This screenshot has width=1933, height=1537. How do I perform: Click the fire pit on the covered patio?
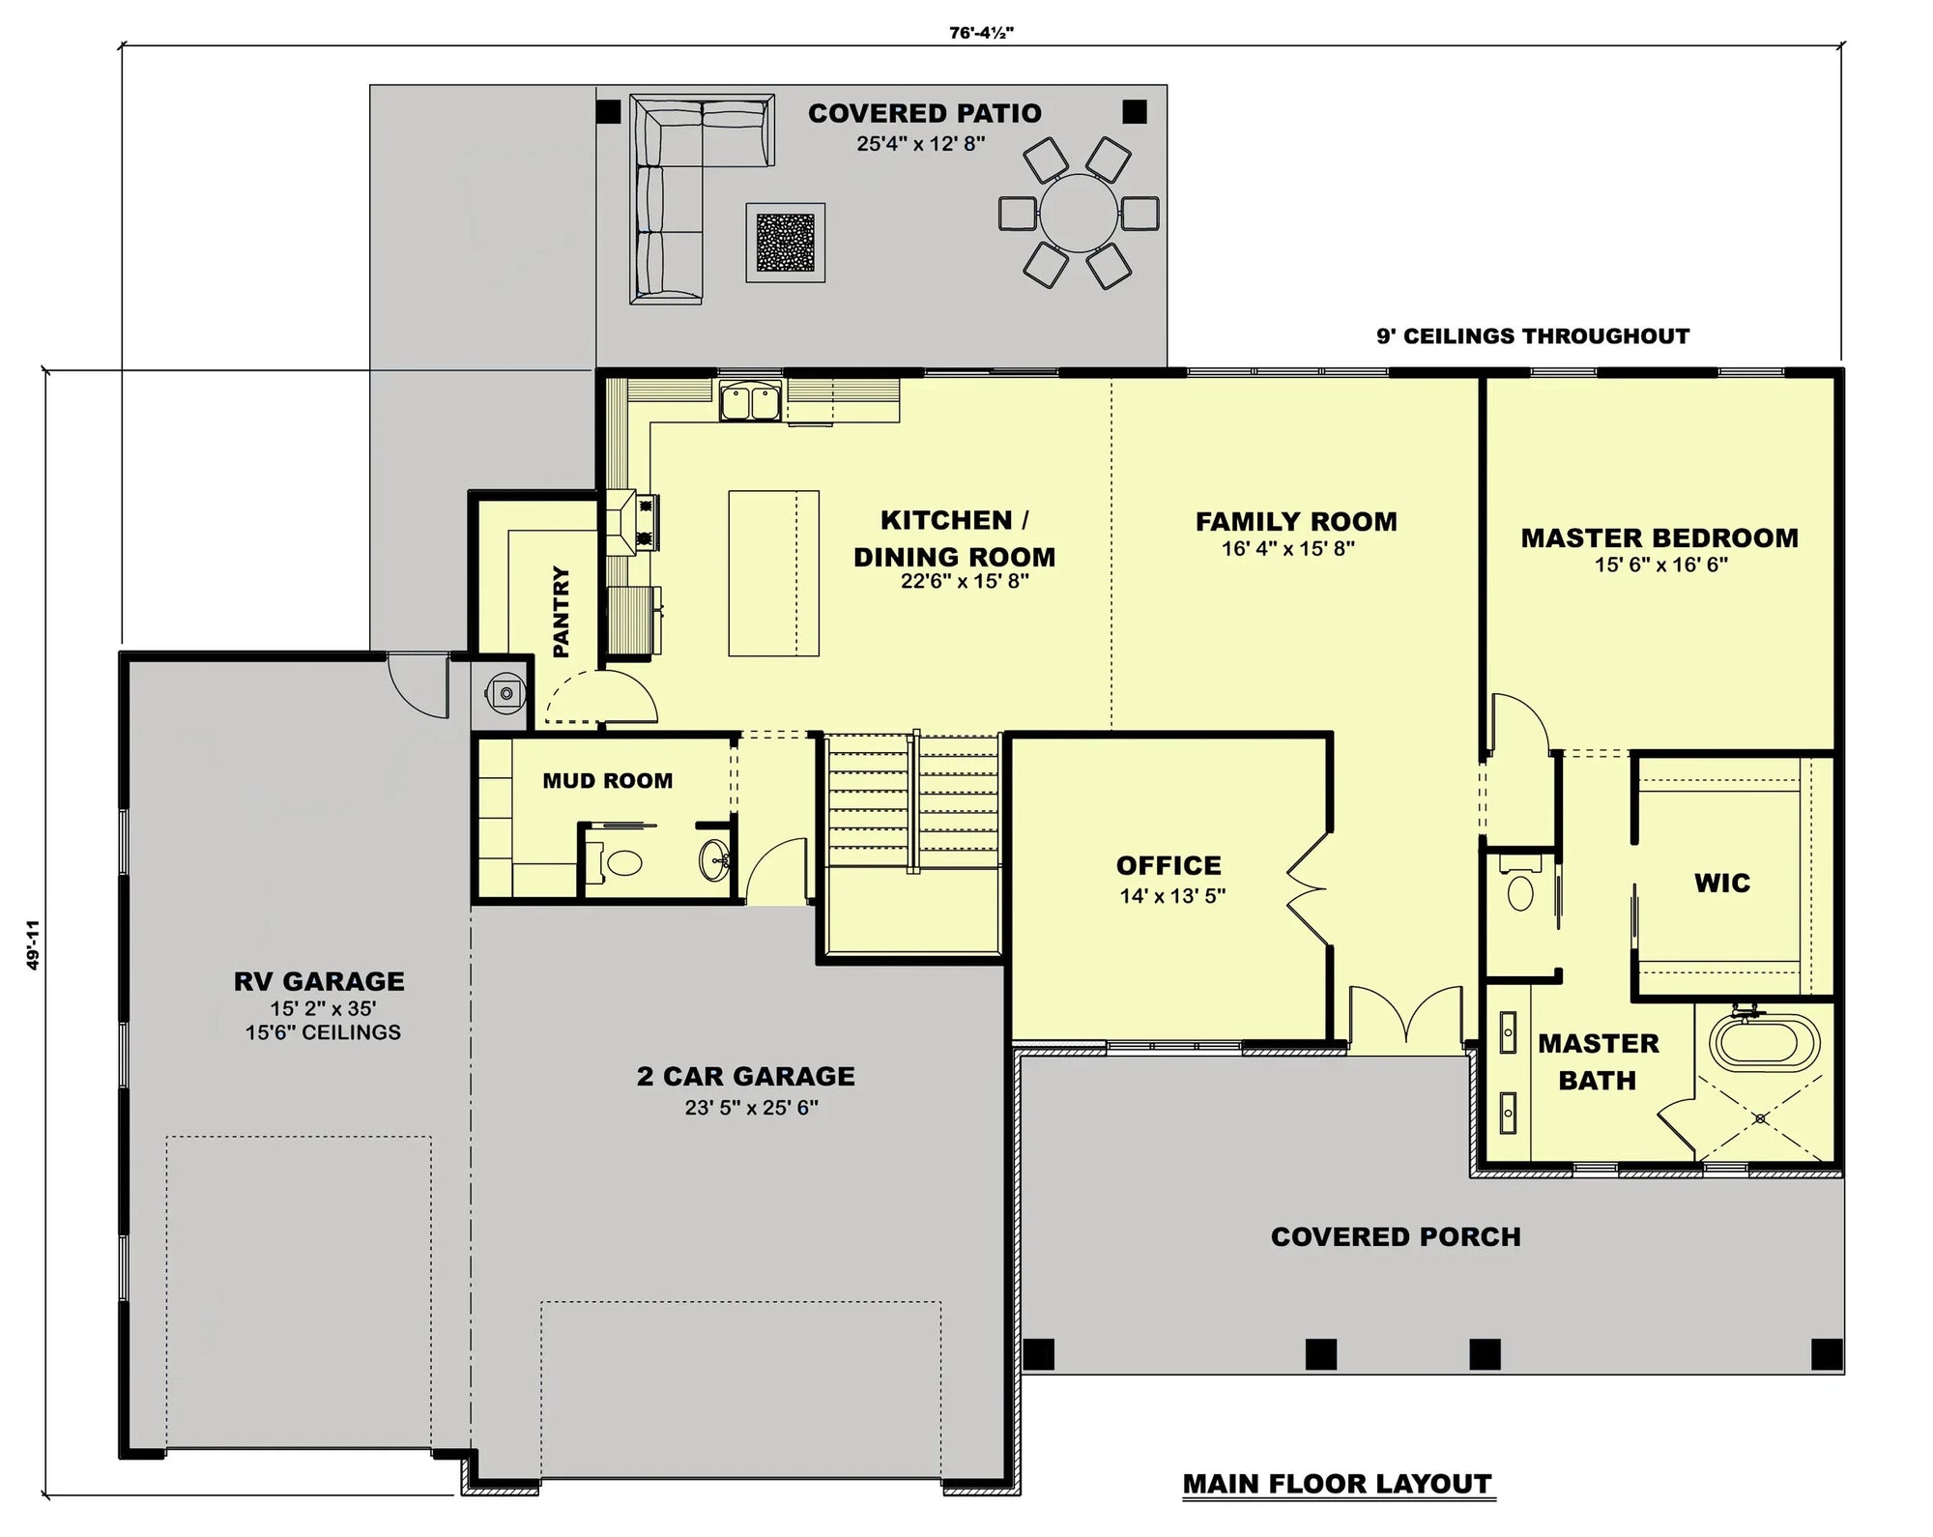point(785,242)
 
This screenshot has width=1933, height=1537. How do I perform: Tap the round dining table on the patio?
point(1078,213)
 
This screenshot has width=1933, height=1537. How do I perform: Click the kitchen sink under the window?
point(750,401)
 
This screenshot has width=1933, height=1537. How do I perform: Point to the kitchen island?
point(773,573)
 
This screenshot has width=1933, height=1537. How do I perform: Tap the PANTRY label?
point(561,612)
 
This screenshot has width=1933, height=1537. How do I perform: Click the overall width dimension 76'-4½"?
point(981,33)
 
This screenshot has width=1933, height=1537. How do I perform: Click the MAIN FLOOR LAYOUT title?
point(1338,1484)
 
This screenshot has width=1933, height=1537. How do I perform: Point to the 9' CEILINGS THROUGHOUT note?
point(1533,336)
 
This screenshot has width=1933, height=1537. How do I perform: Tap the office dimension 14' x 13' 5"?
point(1172,896)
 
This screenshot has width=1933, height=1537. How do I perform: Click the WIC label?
point(1721,883)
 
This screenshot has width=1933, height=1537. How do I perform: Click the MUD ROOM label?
point(607,781)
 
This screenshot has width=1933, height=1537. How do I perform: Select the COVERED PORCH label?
point(1395,1237)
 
